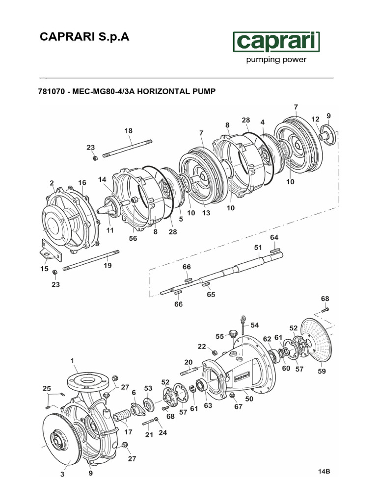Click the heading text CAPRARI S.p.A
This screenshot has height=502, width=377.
pos(84,38)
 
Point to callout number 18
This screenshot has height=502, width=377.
pos(129,131)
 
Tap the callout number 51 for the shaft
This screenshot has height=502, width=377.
pos(258,248)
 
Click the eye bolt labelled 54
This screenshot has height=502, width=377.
pos(243,323)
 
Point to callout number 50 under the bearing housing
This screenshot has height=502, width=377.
pos(249,399)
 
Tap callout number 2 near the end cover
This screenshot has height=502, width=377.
pos(52,183)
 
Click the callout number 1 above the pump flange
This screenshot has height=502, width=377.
pos(73,360)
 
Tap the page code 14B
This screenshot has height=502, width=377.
pos(324,472)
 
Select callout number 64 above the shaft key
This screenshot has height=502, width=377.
pos(274,237)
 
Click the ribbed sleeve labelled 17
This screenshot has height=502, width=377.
pos(121,418)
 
